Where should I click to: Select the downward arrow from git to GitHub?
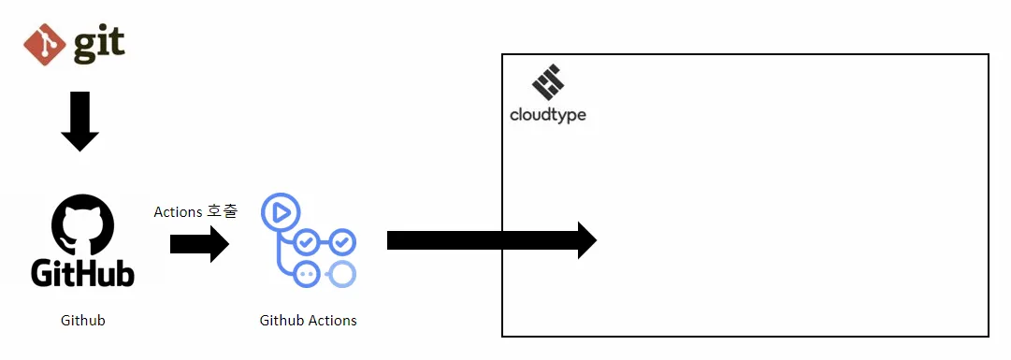tap(79, 121)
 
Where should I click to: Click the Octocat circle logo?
tap(82, 223)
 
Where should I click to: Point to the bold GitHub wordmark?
tap(82, 272)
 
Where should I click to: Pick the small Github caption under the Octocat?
tap(82, 321)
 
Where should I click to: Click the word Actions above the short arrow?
tap(178, 212)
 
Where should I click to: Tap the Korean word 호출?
tap(223, 211)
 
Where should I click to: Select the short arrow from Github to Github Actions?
tap(199, 245)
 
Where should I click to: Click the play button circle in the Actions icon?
tap(279, 211)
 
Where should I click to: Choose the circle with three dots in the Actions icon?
tap(305, 274)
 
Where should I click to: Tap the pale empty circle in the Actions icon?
tap(342, 274)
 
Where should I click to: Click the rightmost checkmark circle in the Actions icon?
tap(342, 242)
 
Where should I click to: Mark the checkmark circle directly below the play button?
tap(305, 243)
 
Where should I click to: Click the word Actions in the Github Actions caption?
tap(332, 321)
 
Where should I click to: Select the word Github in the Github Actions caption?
tap(281, 321)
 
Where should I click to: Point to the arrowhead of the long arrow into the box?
tap(585, 240)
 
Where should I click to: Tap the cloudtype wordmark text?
tap(548, 115)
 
